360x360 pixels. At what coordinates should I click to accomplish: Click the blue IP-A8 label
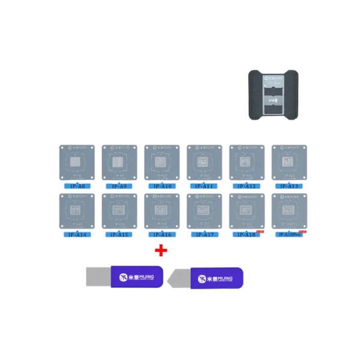click(76, 187)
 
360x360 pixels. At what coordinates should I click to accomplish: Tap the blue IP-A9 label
click(118, 187)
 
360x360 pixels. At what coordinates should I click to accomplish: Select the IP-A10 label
click(160, 187)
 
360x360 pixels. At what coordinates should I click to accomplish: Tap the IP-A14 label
click(76, 234)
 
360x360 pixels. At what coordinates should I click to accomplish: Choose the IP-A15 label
click(118, 234)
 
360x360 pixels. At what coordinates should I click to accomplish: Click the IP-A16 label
click(160, 234)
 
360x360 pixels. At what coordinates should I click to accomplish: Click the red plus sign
click(161, 250)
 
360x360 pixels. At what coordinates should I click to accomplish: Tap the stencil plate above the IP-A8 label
click(76, 163)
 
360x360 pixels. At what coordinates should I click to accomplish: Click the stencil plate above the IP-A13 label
click(289, 163)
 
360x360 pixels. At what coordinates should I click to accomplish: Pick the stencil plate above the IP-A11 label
click(205, 163)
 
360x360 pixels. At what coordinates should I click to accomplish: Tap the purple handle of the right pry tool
click(217, 278)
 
